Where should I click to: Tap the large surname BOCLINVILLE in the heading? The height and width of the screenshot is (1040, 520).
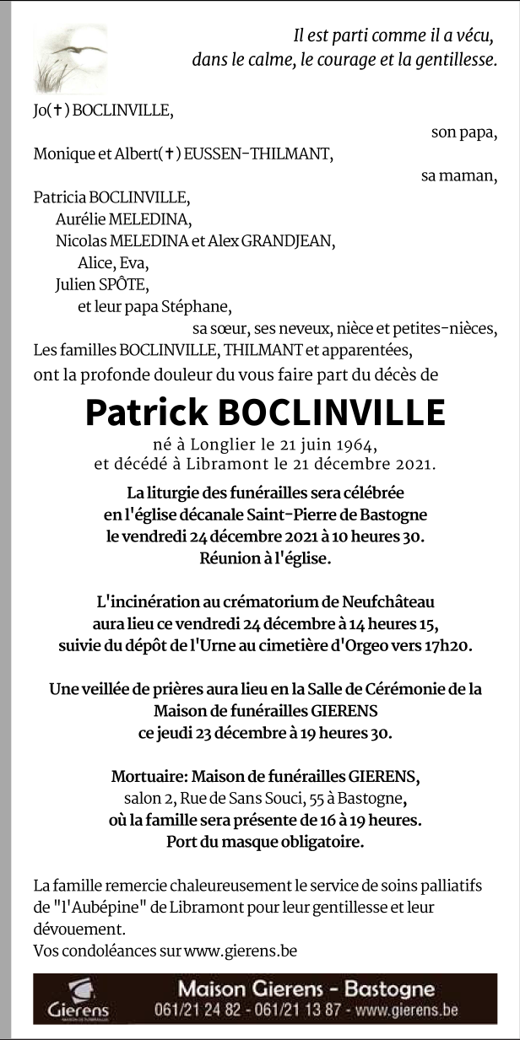[331, 412]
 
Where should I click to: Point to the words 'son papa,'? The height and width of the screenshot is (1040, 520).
[463, 132]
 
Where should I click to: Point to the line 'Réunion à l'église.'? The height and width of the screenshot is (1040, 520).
[265, 558]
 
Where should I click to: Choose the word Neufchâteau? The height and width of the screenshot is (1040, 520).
[389, 601]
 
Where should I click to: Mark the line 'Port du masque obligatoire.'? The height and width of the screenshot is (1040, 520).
[265, 841]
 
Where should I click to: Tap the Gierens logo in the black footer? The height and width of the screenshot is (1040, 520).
[78, 998]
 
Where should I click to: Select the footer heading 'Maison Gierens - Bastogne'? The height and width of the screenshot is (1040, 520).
[306, 989]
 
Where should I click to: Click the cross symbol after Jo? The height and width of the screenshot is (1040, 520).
[57, 110]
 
